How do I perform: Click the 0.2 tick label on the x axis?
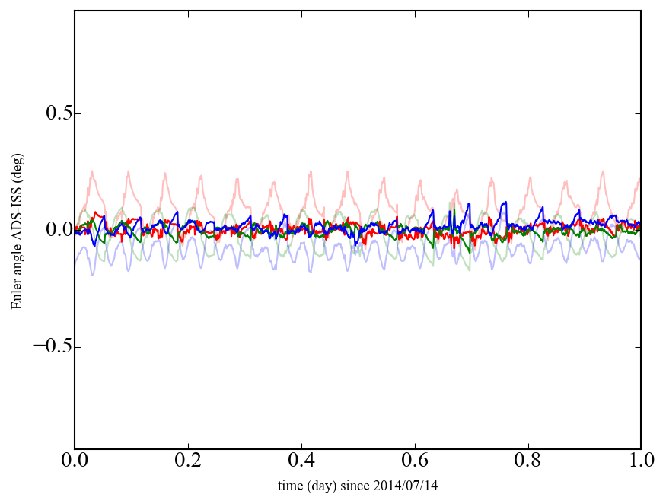[x=188, y=461]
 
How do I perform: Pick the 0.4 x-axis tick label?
[x=301, y=461]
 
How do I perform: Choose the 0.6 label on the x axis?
[x=415, y=461]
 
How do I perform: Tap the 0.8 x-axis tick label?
[x=528, y=461]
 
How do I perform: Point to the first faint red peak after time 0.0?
[x=92, y=172]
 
